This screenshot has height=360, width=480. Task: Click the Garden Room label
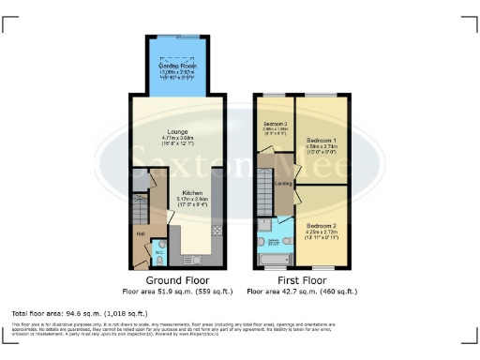coord(176,66)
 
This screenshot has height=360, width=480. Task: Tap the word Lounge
coord(178,131)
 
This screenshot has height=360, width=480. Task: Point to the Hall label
coord(140,233)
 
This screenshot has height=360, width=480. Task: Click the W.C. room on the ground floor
coord(158,251)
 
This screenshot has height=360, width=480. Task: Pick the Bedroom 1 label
coord(321,140)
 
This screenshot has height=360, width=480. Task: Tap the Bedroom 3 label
coord(275,125)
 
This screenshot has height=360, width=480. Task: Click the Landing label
coord(282,184)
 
